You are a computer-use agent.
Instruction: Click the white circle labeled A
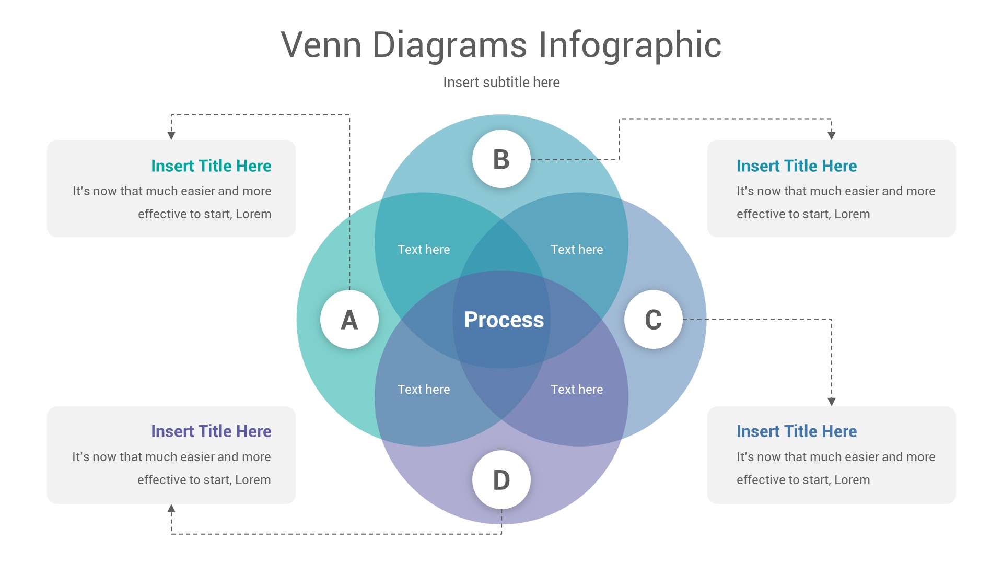349,319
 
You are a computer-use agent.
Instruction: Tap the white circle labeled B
501,159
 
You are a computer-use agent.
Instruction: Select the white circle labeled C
653,319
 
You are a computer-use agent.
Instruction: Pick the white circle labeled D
501,479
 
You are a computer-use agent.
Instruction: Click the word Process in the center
504,320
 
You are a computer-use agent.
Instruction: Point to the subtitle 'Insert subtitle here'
501,83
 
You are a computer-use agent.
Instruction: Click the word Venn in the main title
321,45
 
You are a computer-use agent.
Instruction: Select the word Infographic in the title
629,46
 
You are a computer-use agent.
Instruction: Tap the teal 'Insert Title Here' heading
211,166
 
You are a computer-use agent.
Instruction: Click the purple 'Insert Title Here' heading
211,431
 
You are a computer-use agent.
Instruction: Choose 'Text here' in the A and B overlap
424,250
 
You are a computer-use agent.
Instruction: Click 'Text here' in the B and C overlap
577,250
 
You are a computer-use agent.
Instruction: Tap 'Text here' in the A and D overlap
424,390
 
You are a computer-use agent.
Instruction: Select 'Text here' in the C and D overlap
577,390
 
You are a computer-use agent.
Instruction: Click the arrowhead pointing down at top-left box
171,135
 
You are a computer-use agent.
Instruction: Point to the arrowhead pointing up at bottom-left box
171,509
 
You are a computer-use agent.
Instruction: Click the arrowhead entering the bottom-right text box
832,401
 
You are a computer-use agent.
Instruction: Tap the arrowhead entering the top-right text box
832,135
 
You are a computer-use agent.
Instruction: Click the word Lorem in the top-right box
852,214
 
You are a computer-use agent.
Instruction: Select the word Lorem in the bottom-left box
253,480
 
